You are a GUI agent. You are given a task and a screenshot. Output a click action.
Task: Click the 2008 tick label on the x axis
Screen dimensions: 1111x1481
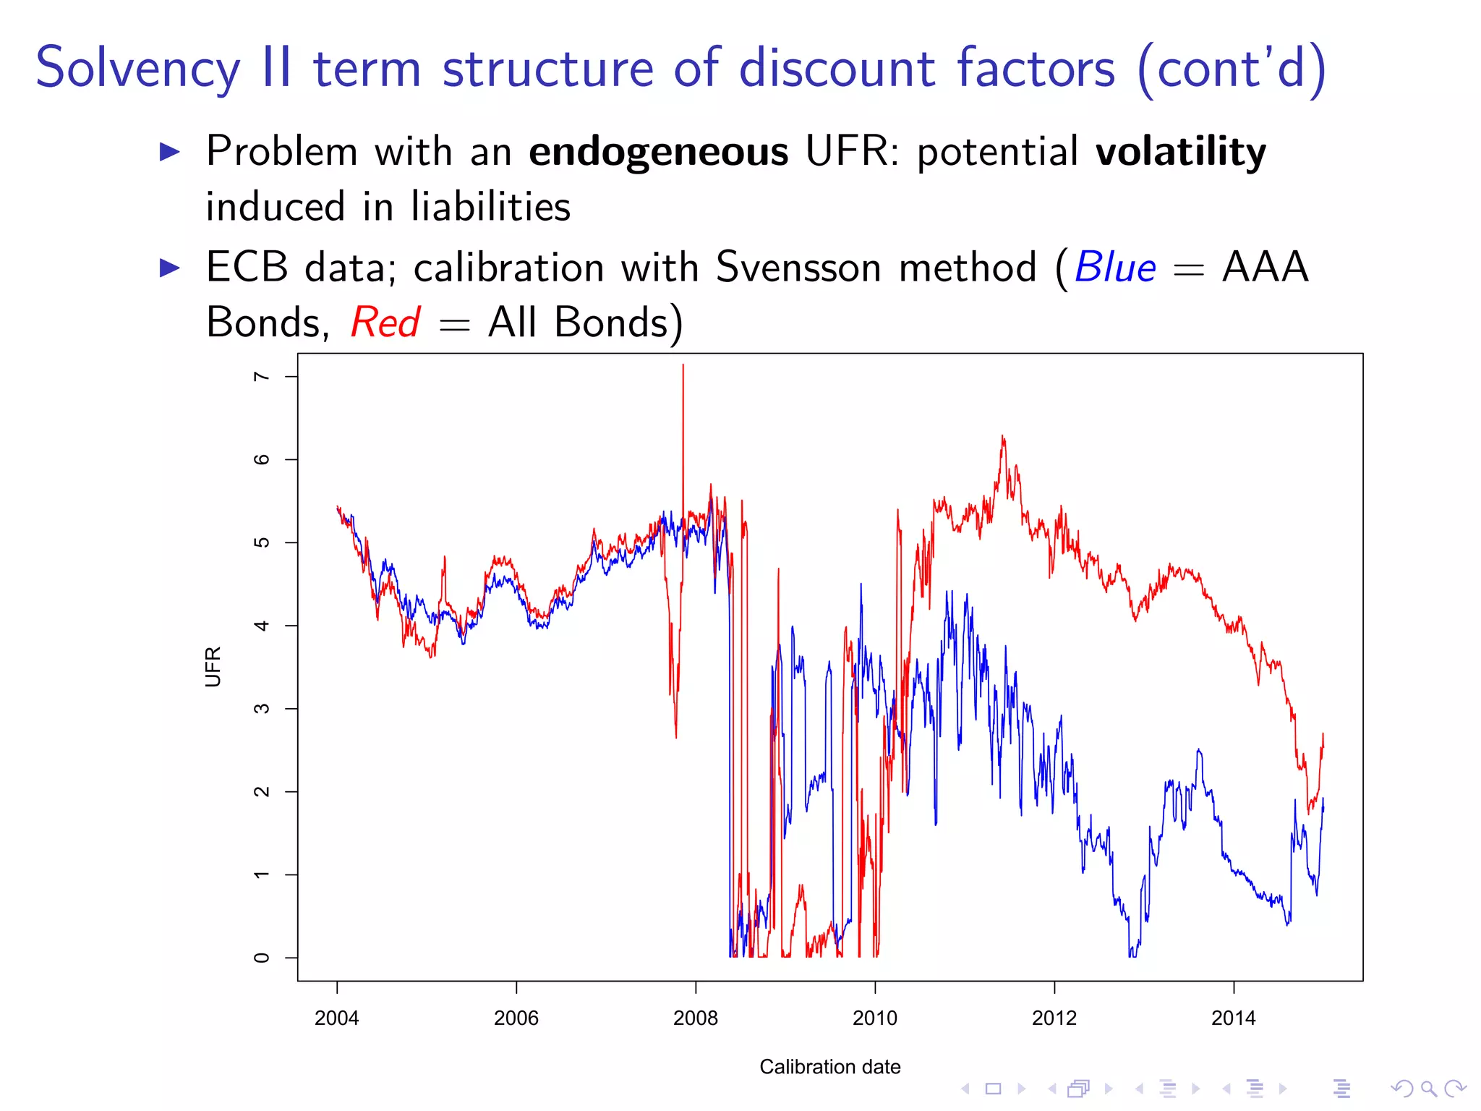coord(695,1018)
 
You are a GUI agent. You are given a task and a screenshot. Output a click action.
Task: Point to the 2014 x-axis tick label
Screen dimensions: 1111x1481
coord(1233,1018)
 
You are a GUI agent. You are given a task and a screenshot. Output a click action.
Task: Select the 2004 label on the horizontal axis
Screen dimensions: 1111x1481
coord(336,1018)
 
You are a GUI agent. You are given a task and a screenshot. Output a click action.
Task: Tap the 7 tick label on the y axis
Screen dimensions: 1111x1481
coord(262,377)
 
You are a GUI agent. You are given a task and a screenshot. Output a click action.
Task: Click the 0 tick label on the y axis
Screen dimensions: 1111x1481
coord(262,958)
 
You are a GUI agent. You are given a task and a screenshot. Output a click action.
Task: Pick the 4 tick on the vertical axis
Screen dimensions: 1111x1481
coord(262,626)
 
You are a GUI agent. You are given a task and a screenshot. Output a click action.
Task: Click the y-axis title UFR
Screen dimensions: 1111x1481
coord(213,666)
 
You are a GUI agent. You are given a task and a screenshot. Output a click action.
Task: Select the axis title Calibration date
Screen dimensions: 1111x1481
coord(829,1067)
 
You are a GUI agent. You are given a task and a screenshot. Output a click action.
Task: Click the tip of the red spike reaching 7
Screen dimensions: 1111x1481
coord(683,365)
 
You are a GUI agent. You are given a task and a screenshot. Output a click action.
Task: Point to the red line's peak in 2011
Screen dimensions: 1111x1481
coord(1002,436)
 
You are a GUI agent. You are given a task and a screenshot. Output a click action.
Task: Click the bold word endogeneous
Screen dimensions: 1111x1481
coord(658,152)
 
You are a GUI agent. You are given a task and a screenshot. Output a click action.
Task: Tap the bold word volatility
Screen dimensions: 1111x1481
coord(1180,152)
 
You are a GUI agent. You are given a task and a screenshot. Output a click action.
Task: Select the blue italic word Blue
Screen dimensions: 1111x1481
coord(1115,268)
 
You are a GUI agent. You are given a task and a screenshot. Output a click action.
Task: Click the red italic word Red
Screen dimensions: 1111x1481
coord(385,323)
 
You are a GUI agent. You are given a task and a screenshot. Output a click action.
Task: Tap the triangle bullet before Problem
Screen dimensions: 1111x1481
coord(169,152)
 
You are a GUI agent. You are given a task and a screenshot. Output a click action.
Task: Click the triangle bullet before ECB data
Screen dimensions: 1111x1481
coord(169,268)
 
